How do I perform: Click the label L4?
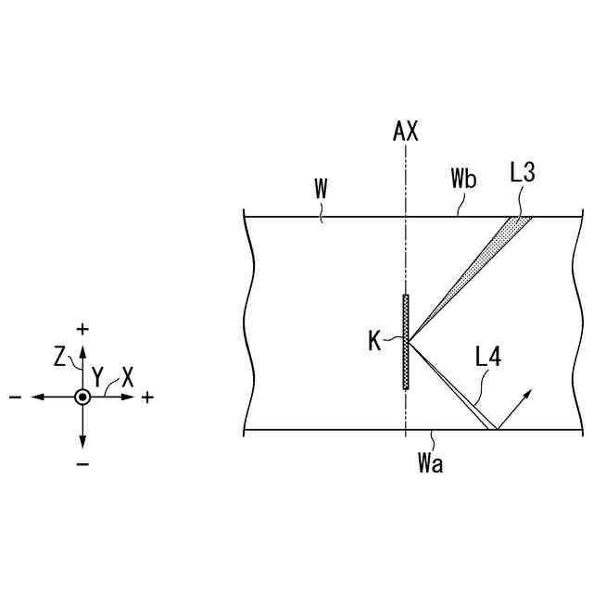487,359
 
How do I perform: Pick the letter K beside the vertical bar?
375,342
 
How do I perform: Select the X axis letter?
128,377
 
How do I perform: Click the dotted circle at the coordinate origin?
82,397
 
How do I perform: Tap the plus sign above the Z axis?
82,329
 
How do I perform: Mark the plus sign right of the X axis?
148,397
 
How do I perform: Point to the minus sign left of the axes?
16,397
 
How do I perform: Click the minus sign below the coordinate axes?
82,462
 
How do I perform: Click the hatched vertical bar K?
406,342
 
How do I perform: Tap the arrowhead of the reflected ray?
528,395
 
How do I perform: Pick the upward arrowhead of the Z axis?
82,348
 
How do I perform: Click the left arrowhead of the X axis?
35,397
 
